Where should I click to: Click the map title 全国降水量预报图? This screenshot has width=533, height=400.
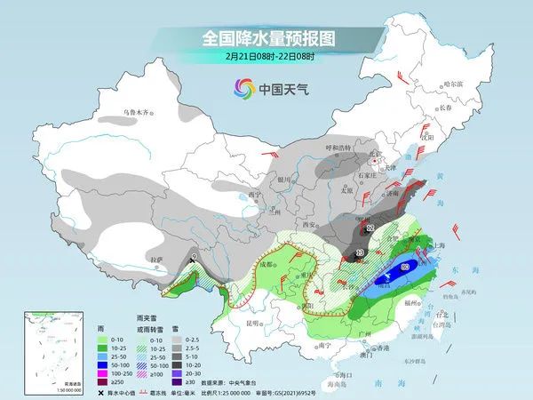coord(266,38)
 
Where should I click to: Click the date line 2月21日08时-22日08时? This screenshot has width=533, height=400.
coord(266,58)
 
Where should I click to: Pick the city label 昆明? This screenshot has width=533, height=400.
coord(255,322)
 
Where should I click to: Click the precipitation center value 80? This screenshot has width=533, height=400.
coord(406,266)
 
